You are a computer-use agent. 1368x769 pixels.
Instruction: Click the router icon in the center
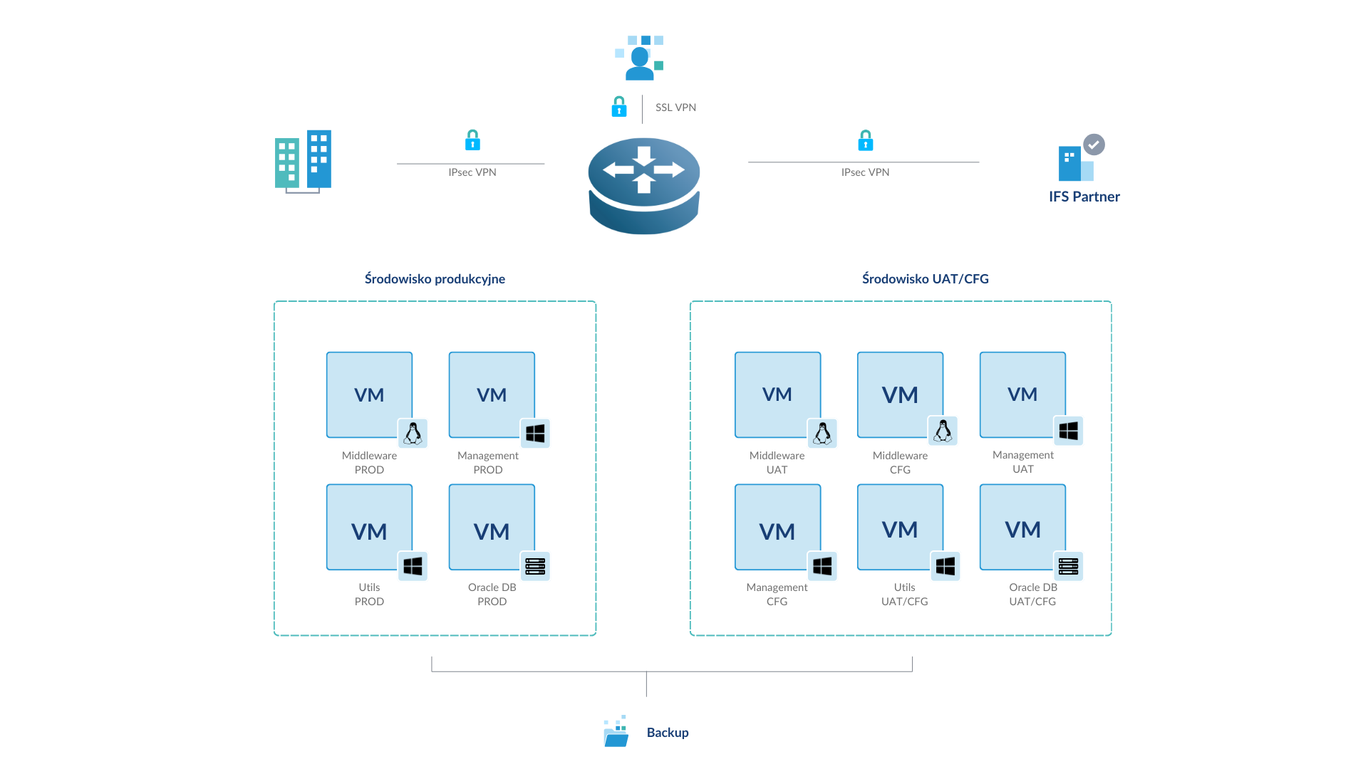[x=644, y=185]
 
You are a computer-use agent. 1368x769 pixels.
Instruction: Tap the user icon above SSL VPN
[x=640, y=58]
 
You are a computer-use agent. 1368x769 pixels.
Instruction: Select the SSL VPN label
[x=675, y=108]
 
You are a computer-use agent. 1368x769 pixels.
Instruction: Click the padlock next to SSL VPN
[x=619, y=107]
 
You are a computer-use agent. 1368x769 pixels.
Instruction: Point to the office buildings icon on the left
[x=303, y=162]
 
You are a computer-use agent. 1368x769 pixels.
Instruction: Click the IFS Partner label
[x=1084, y=197]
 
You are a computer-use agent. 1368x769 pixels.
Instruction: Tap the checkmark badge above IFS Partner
[x=1094, y=145]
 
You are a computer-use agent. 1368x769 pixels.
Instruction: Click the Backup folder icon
[x=616, y=731]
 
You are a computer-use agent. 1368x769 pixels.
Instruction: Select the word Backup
[x=668, y=733]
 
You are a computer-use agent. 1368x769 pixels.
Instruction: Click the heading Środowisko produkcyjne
[x=435, y=279]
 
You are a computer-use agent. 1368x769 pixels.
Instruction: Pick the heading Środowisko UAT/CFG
[x=925, y=279]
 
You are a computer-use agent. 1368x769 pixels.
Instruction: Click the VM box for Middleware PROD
[x=369, y=394]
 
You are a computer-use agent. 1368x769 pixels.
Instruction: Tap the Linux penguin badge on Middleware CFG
[x=943, y=431]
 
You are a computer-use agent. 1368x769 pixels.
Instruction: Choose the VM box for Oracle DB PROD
[x=492, y=527]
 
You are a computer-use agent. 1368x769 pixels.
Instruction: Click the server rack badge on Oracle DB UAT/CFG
[x=1068, y=566]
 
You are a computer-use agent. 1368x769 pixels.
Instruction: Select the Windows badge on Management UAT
[x=1068, y=431]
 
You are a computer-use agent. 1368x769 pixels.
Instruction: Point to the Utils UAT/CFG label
[x=904, y=595]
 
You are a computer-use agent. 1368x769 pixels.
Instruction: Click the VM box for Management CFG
[x=777, y=527]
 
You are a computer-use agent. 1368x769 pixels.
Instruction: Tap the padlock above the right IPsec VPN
[x=865, y=140]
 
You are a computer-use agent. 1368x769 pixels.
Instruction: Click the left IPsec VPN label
[x=472, y=172]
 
